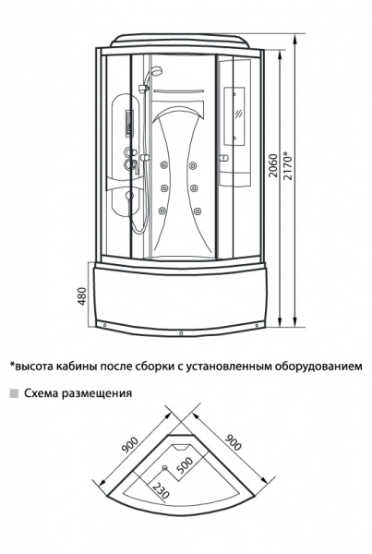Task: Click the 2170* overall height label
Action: point(289,164)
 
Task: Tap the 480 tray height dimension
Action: point(82,296)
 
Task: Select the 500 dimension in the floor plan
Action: point(186,466)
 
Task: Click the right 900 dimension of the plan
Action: point(234,442)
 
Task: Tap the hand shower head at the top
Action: point(156,71)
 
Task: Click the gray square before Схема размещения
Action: point(14,393)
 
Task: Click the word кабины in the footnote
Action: point(76,366)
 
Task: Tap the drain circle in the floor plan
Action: point(165,468)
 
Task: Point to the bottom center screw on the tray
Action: point(181,332)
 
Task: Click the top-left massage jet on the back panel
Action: point(163,165)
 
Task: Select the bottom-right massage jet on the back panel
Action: point(197,211)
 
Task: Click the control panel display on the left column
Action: point(128,123)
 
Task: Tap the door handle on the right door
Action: point(223,158)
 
